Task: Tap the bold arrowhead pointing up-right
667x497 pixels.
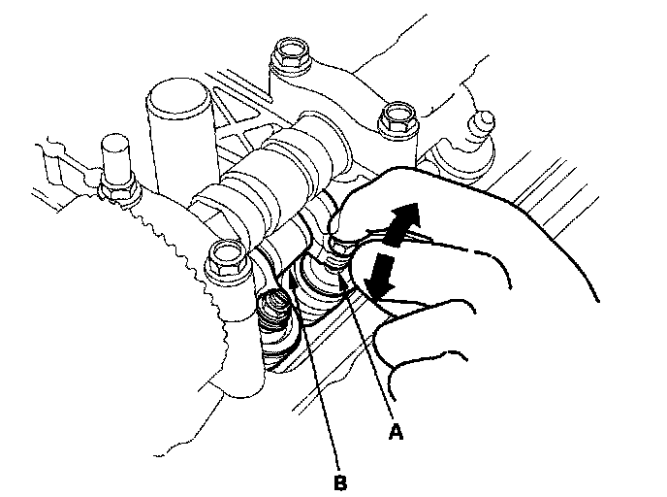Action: click(408, 215)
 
